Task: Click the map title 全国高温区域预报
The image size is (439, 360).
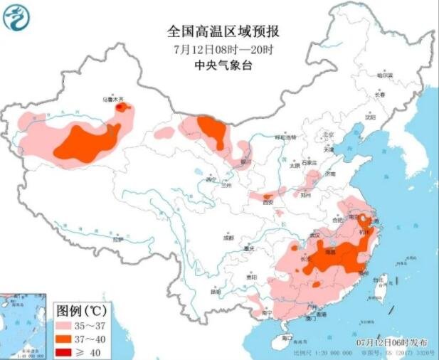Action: [223, 31]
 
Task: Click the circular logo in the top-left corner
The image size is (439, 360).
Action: [18, 17]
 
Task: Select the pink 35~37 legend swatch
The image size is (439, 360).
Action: [68, 328]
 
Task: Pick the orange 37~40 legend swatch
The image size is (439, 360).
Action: [68, 339]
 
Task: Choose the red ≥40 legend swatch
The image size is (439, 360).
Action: [68, 351]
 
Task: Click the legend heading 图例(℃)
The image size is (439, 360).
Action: [82, 312]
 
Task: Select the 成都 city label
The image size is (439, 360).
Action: [227, 237]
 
